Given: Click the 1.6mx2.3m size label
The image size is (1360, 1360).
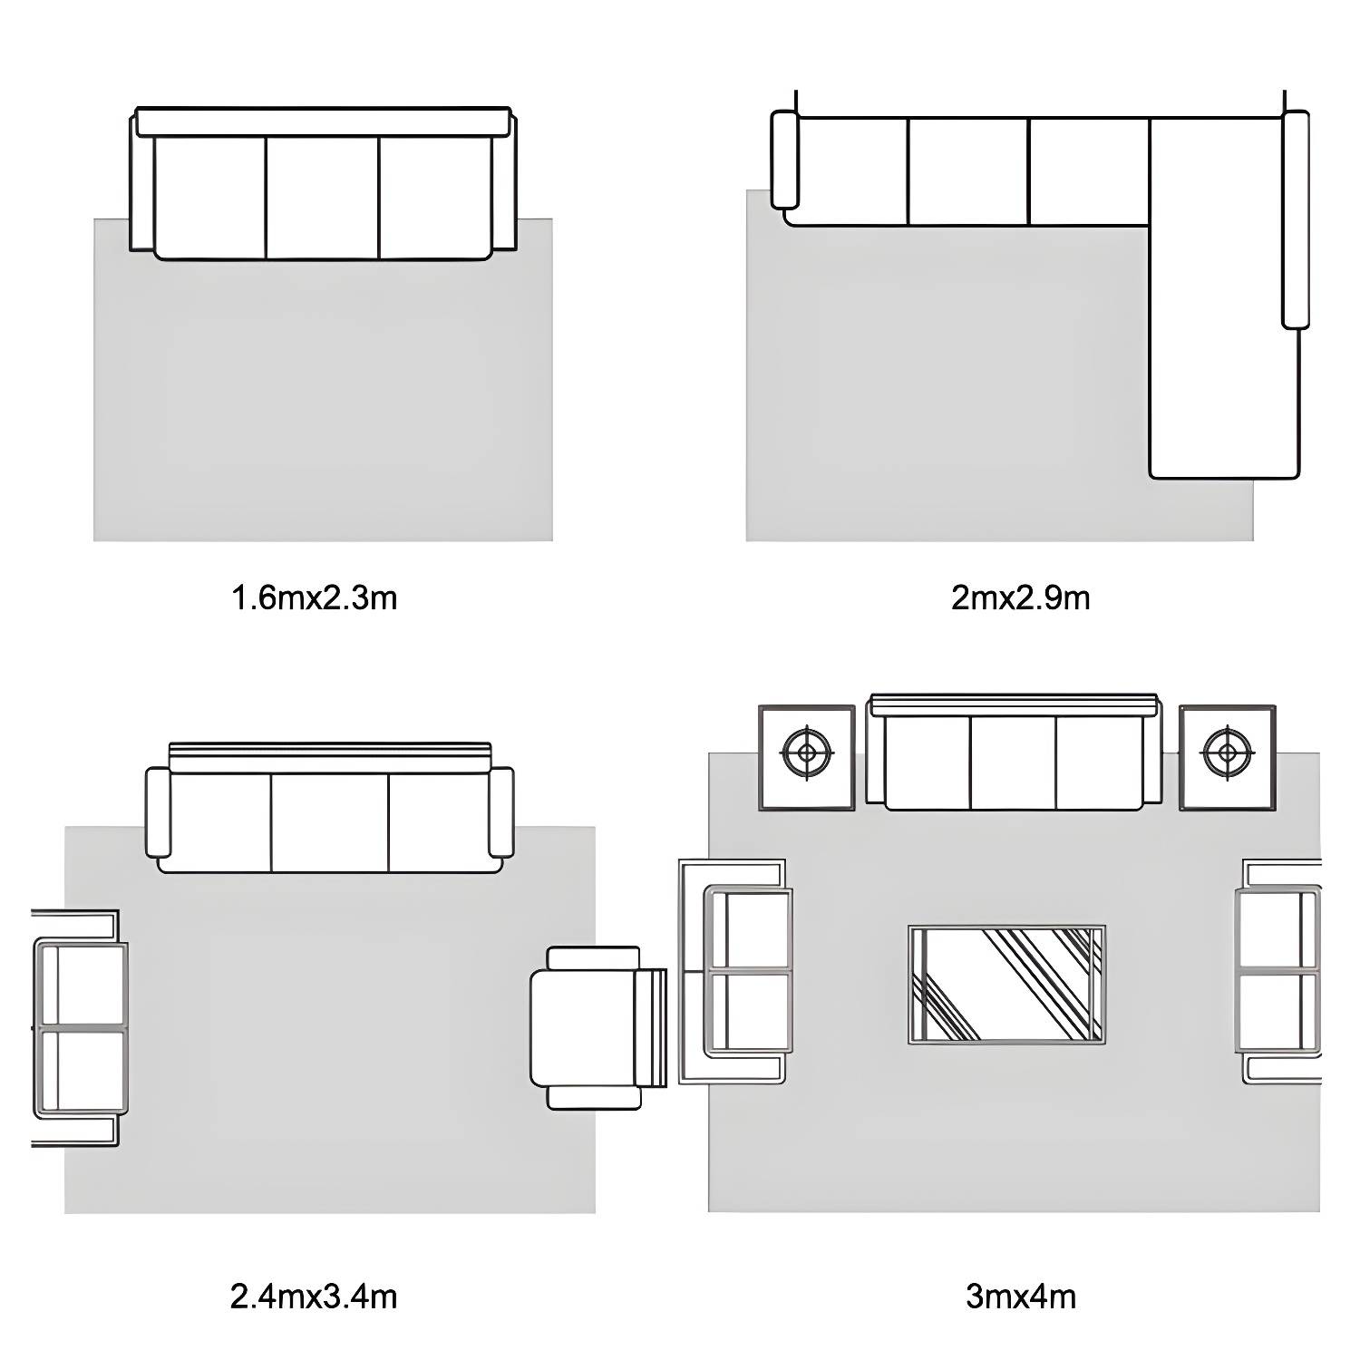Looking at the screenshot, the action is (x=315, y=598).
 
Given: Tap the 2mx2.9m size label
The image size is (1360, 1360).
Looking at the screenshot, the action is (x=1020, y=598).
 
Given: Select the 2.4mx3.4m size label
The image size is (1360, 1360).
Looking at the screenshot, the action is (x=314, y=1297).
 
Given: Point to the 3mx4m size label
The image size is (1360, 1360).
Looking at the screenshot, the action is (x=1021, y=1297).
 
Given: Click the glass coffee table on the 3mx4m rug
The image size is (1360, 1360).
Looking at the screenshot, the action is (x=1006, y=985).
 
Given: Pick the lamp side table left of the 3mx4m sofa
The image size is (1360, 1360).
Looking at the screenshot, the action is (x=807, y=757).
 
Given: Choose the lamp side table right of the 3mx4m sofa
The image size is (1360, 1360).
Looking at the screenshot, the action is (x=1228, y=757).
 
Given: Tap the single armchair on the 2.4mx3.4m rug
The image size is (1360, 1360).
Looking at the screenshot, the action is (x=598, y=1028).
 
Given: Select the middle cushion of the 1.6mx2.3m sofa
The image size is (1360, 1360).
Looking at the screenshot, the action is (x=322, y=198).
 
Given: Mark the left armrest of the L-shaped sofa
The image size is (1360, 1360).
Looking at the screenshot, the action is (x=785, y=160).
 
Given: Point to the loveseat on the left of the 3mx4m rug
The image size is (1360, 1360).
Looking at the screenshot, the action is (x=734, y=971).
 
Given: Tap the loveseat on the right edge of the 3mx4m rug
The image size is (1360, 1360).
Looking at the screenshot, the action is (x=1279, y=971).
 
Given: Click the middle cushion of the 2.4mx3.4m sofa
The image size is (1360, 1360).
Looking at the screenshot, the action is (x=330, y=822).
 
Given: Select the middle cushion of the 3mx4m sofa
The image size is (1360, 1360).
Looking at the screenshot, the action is (x=1013, y=763).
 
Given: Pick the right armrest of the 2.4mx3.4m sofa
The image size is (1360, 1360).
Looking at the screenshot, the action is (x=501, y=812).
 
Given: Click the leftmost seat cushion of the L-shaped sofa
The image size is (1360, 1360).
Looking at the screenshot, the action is (x=847, y=171).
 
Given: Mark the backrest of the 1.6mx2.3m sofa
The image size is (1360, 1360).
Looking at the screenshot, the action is (x=323, y=122).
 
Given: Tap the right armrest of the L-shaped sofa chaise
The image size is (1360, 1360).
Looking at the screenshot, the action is (x=1296, y=219).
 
